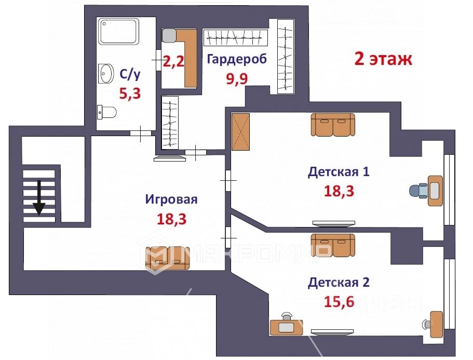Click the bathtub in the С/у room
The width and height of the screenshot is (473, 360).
(x=119, y=31)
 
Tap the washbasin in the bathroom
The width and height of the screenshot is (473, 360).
(x=106, y=73)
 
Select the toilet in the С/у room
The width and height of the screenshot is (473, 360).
(x=106, y=112)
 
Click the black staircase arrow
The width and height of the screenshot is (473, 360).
(x=39, y=198)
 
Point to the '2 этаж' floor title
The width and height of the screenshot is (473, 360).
(x=383, y=59)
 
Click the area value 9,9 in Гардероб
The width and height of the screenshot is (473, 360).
(x=237, y=79)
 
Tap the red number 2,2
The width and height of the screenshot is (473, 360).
(x=173, y=62)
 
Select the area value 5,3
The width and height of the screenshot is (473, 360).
(x=130, y=93)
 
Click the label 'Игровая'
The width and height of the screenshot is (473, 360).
(x=171, y=199)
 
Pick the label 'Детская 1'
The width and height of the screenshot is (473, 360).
(x=339, y=172)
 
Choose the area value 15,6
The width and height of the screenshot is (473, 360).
(x=339, y=301)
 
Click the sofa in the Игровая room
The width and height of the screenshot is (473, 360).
(x=167, y=258)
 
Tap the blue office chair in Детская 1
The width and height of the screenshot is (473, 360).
(x=418, y=191)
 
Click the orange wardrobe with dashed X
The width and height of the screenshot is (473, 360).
(x=240, y=132)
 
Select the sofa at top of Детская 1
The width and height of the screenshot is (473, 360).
(x=333, y=125)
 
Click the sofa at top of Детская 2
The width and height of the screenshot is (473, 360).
(x=333, y=245)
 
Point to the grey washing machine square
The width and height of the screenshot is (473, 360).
(x=169, y=36)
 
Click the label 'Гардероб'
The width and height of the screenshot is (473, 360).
(x=237, y=59)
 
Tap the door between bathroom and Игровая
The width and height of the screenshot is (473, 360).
(x=141, y=133)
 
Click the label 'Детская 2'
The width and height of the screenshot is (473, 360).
(x=339, y=283)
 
